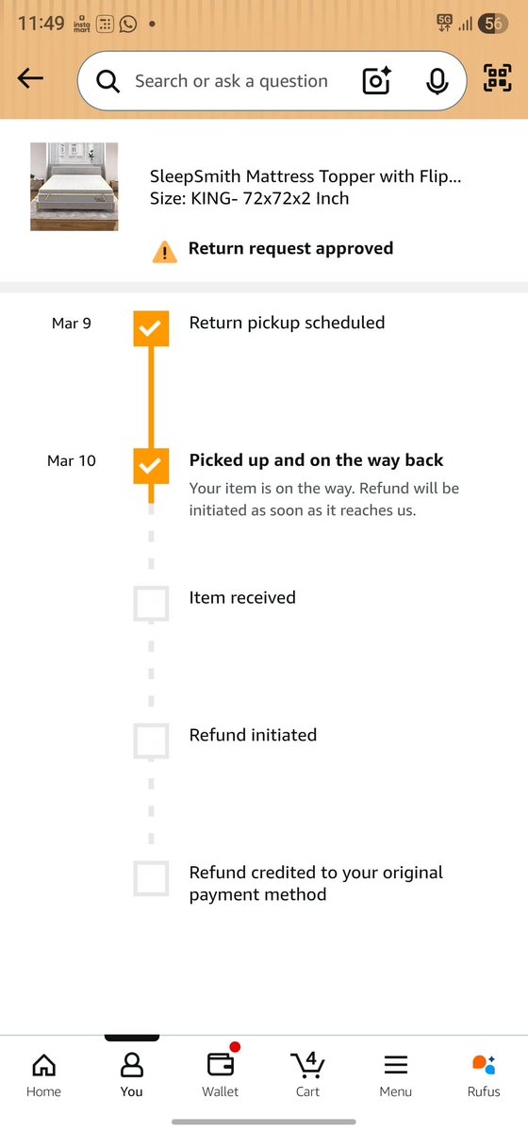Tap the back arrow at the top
[x=30, y=78]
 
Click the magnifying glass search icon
[x=108, y=81]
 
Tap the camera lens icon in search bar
[x=377, y=80]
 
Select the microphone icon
[x=437, y=81]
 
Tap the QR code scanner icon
[x=498, y=77]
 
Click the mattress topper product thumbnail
[x=74, y=187]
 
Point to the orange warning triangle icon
[x=165, y=252]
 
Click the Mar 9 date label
[x=72, y=324]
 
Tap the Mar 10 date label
[x=72, y=461]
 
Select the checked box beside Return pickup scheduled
[x=151, y=328]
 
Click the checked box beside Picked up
[x=151, y=466]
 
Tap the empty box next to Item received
[x=151, y=604]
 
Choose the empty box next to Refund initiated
[x=151, y=741]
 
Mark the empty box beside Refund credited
[x=151, y=878]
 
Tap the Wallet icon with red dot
[x=222, y=1063]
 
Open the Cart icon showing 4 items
[x=307, y=1064]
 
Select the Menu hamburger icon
[x=396, y=1065]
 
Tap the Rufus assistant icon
[x=484, y=1064]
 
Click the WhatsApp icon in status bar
[x=128, y=24]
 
